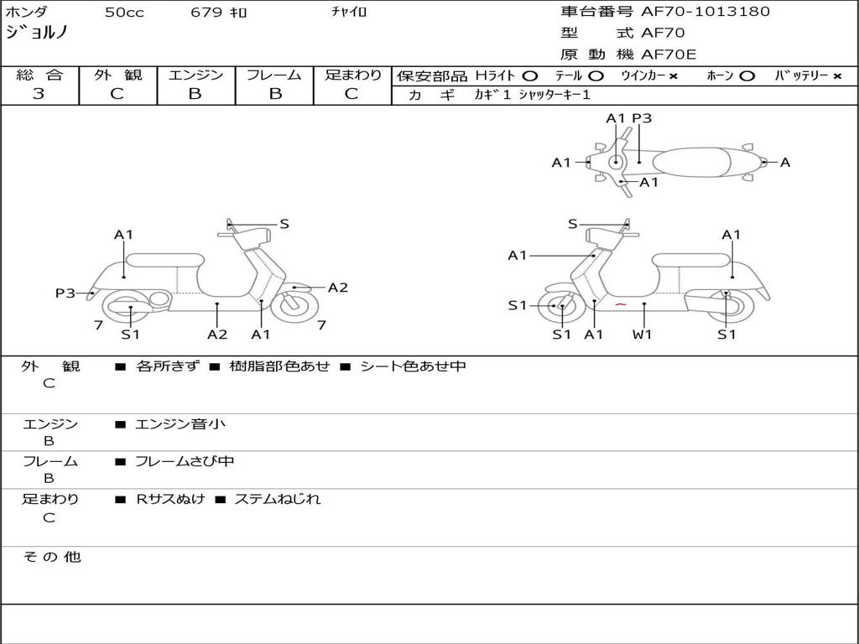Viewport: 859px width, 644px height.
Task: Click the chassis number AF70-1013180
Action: click(x=705, y=11)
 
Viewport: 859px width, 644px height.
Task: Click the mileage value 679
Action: click(x=206, y=12)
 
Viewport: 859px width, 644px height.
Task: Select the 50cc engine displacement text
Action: click(x=124, y=12)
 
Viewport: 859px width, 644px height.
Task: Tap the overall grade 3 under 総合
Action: click(x=39, y=94)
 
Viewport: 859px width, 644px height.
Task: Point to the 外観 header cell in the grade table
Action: click(x=117, y=75)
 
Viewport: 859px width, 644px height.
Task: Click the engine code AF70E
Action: click(x=669, y=55)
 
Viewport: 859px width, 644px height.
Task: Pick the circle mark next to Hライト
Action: click(x=529, y=76)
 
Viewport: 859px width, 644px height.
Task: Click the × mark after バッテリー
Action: click(x=837, y=76)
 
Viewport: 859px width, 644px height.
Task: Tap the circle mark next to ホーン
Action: click(x=747, y=76)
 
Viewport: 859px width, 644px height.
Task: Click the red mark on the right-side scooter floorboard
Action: click(x=620, y=304)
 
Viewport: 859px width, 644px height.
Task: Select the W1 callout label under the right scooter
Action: click(x=642, y=334)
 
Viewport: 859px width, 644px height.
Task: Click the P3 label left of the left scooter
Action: click(x=65, y=293)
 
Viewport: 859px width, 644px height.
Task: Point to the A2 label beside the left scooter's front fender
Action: click(x=338, y=288)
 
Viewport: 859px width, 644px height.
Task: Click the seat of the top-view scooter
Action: click(x=691, y=162)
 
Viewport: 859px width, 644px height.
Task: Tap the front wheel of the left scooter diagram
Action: click(x=295, y=305)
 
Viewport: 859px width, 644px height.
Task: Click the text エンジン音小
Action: click(x=180, y=423)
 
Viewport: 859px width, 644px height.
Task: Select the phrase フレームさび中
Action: click(x=185, y=461)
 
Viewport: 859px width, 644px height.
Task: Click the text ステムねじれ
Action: click(x=278, y=499)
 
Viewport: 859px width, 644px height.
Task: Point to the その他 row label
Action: click(x=52, y=557)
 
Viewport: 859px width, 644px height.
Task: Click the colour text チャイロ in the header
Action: click(x=349, y=12)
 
